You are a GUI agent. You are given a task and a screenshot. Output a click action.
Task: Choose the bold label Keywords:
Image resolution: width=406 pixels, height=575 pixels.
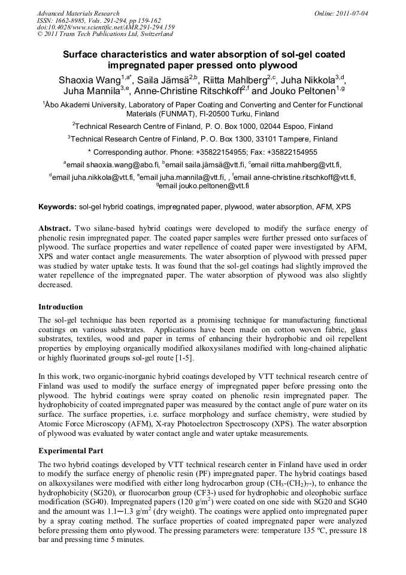(57, 207)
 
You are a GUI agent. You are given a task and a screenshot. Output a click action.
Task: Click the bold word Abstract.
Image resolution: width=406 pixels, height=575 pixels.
(54, 228)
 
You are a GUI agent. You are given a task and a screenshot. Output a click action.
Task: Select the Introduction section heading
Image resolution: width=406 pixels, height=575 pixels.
(60, 307)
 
